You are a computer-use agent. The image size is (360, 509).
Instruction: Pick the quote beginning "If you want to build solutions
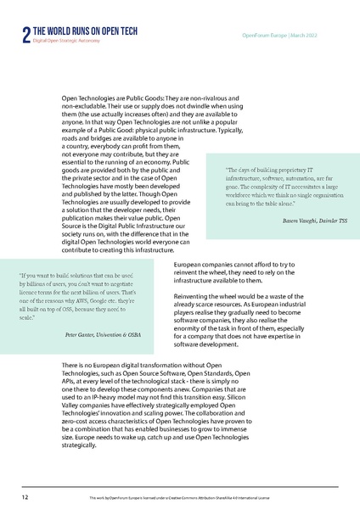point(81,276)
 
